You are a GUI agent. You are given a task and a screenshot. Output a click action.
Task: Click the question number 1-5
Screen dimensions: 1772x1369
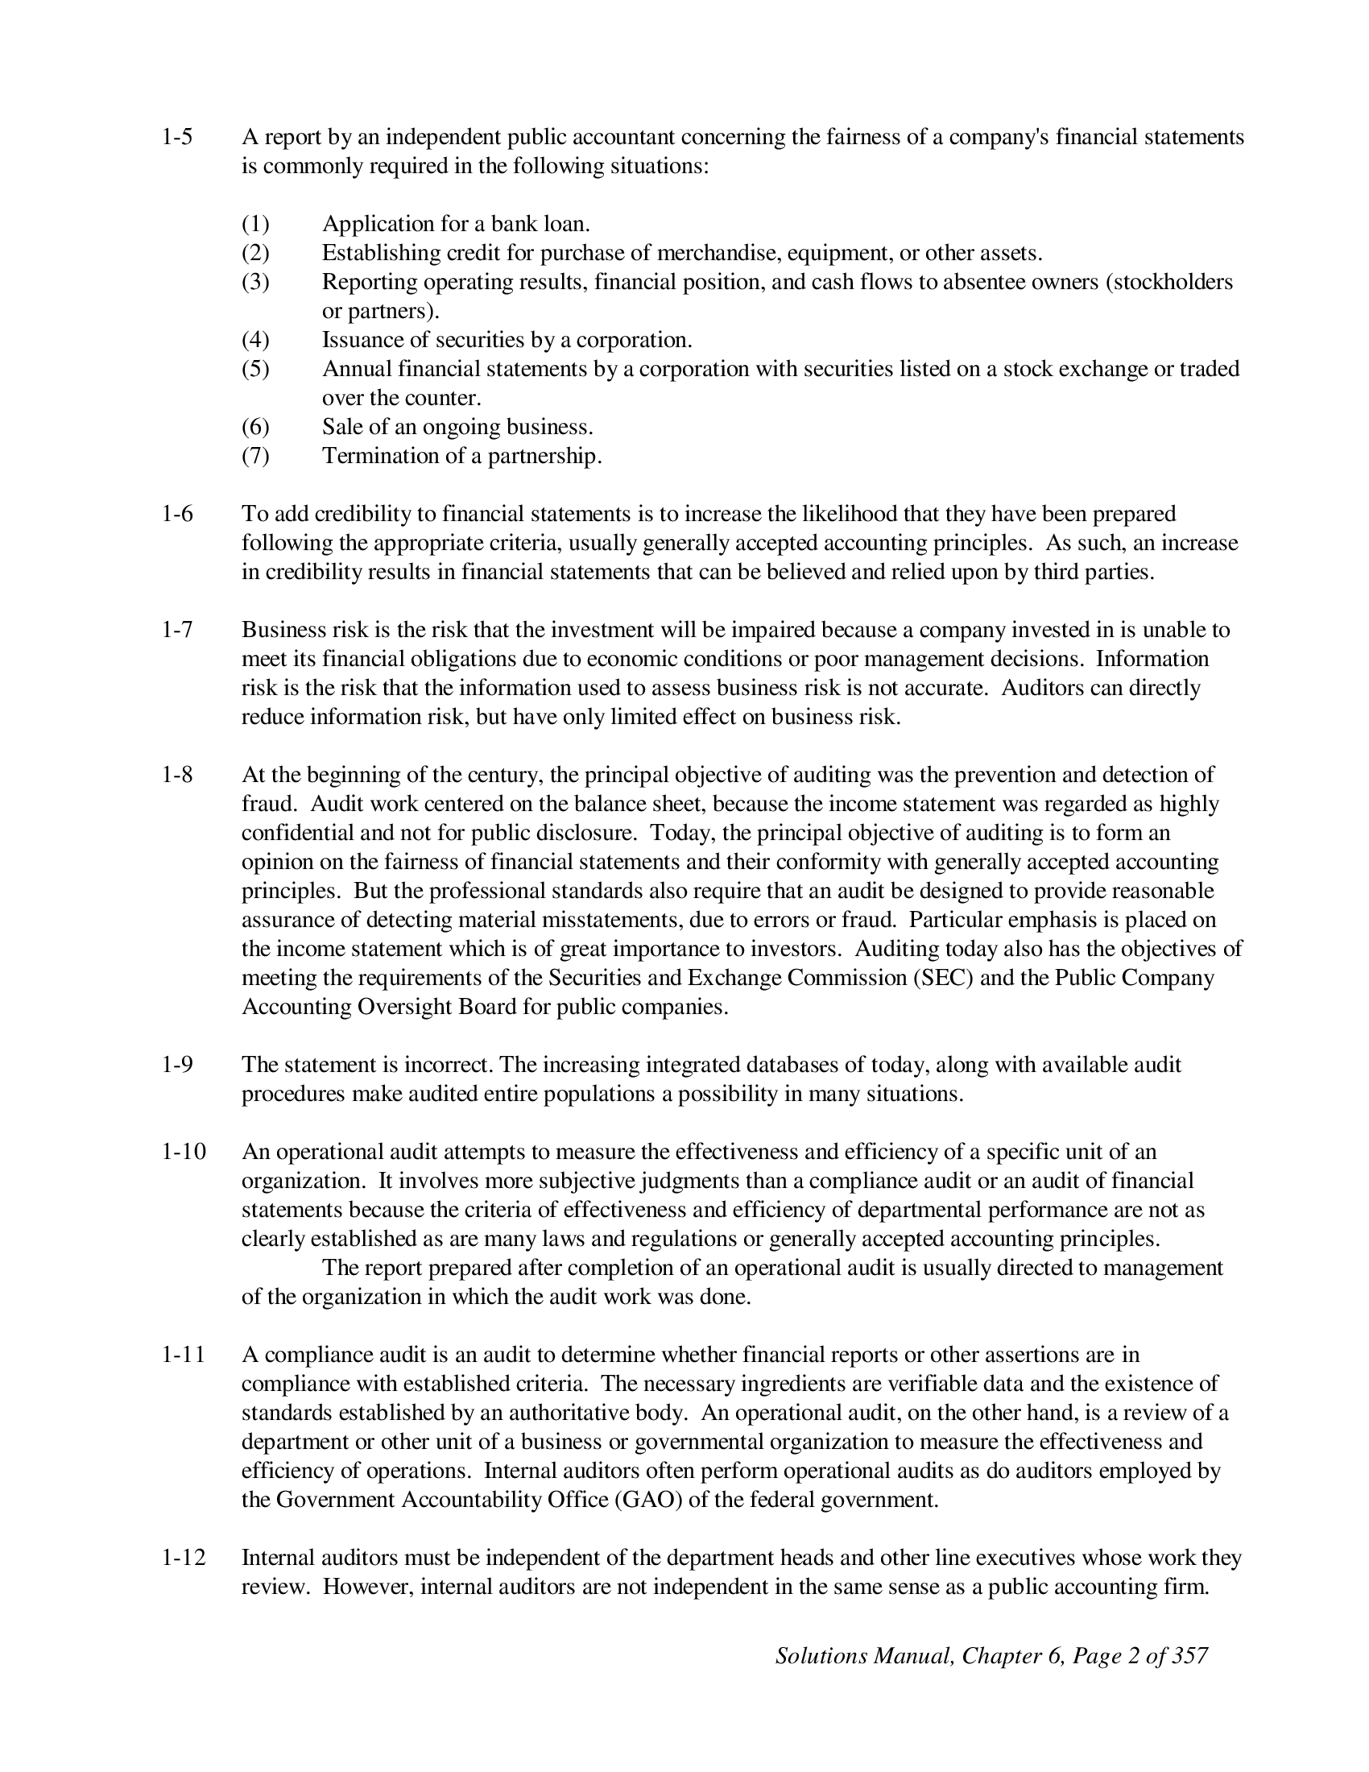click(178, 137)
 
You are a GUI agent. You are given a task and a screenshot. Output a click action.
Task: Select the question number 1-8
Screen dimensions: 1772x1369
click(178, 775)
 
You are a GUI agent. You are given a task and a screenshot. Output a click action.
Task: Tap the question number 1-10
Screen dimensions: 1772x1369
click(184, 1151)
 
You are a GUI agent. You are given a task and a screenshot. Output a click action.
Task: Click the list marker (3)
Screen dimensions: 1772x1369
click(255, 282)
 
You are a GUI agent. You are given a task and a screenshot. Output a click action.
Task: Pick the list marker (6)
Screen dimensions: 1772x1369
click(255, 427)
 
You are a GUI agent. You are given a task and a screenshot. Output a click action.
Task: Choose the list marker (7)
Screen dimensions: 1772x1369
click(255, 456)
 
